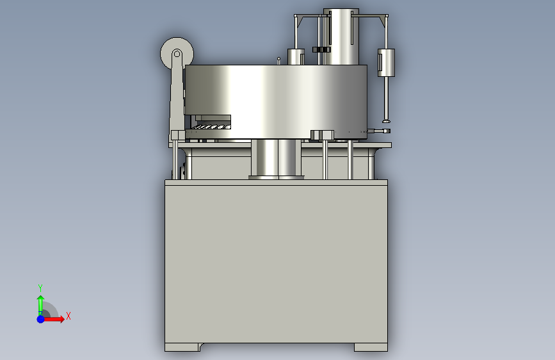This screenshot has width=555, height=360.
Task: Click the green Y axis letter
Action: point(40,288)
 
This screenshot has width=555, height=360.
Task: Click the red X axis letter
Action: point(68,316)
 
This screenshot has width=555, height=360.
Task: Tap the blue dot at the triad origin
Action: point(41,319)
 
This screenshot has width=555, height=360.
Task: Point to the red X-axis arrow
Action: point(53,319)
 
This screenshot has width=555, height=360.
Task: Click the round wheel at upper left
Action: point(177,54)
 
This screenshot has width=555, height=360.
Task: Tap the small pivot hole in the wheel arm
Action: point(177,54)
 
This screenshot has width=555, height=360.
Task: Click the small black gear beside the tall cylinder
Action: point(321,49)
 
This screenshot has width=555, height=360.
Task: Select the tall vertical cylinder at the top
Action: point(341,37)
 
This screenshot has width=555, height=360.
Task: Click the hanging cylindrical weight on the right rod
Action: point(386,63)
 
